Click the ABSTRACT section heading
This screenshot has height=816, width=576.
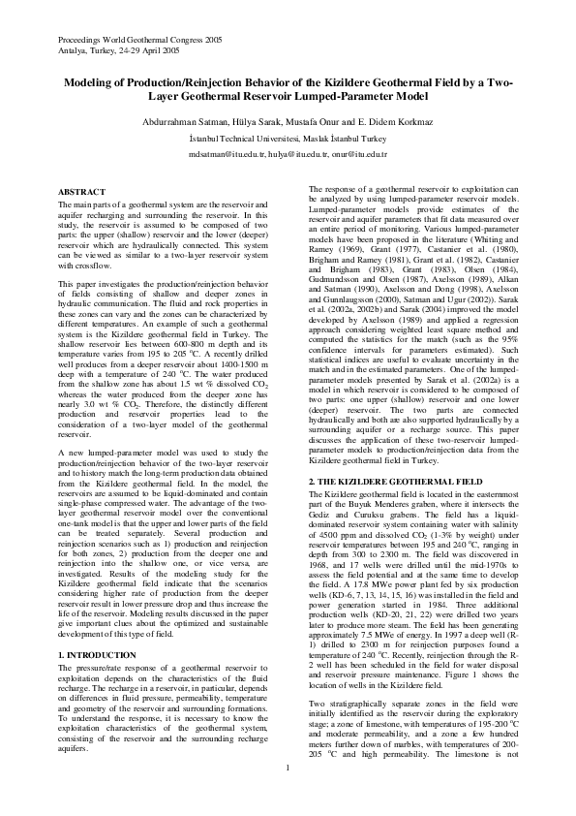coord(82,193)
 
